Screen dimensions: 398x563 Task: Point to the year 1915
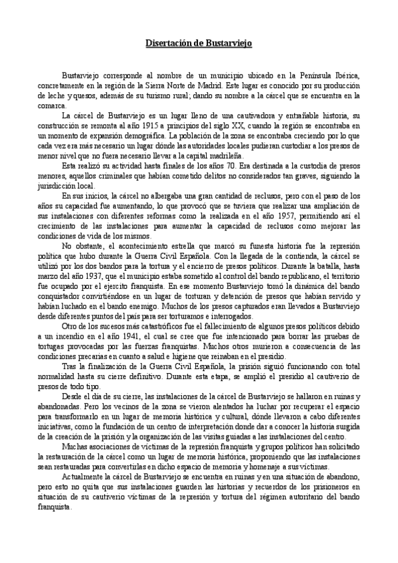click(174, 125)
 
